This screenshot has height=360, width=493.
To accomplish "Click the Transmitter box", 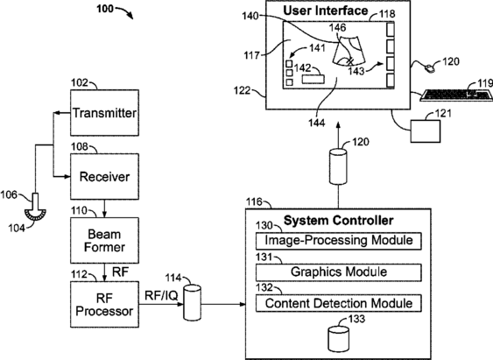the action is (x=104, y=113).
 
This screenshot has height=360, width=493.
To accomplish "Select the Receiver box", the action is (x=104, y=176).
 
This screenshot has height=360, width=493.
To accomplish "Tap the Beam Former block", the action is (x=104, y=241).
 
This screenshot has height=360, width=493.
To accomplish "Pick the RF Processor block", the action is (x=104, y=304).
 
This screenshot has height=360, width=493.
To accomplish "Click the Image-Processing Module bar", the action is (x=339, y=241).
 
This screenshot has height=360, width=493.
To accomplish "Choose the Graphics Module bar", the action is (x=339, y=272).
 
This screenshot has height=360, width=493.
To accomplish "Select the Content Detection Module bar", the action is (x=339, y=303).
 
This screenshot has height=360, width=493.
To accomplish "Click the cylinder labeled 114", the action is (x=192, y=302).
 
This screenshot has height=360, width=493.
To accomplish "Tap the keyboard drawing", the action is (x=456, y=95).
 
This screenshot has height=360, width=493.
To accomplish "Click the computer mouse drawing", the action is (x=429, y=68).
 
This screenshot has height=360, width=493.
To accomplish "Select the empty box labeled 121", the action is (x=426, y=131).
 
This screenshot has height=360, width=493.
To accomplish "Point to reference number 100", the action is (x=105, y=9).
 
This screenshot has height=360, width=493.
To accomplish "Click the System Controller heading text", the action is (x=338, y=221).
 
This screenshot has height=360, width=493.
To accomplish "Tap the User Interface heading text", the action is (x=326, y=11).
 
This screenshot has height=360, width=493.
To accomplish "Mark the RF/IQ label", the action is (x=161, y=295).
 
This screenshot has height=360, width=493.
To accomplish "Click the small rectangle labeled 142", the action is (x=313, y=79).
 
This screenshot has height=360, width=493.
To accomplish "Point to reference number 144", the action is (x=316, y=123).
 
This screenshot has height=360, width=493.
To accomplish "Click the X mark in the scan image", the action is (x=350, y=61).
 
